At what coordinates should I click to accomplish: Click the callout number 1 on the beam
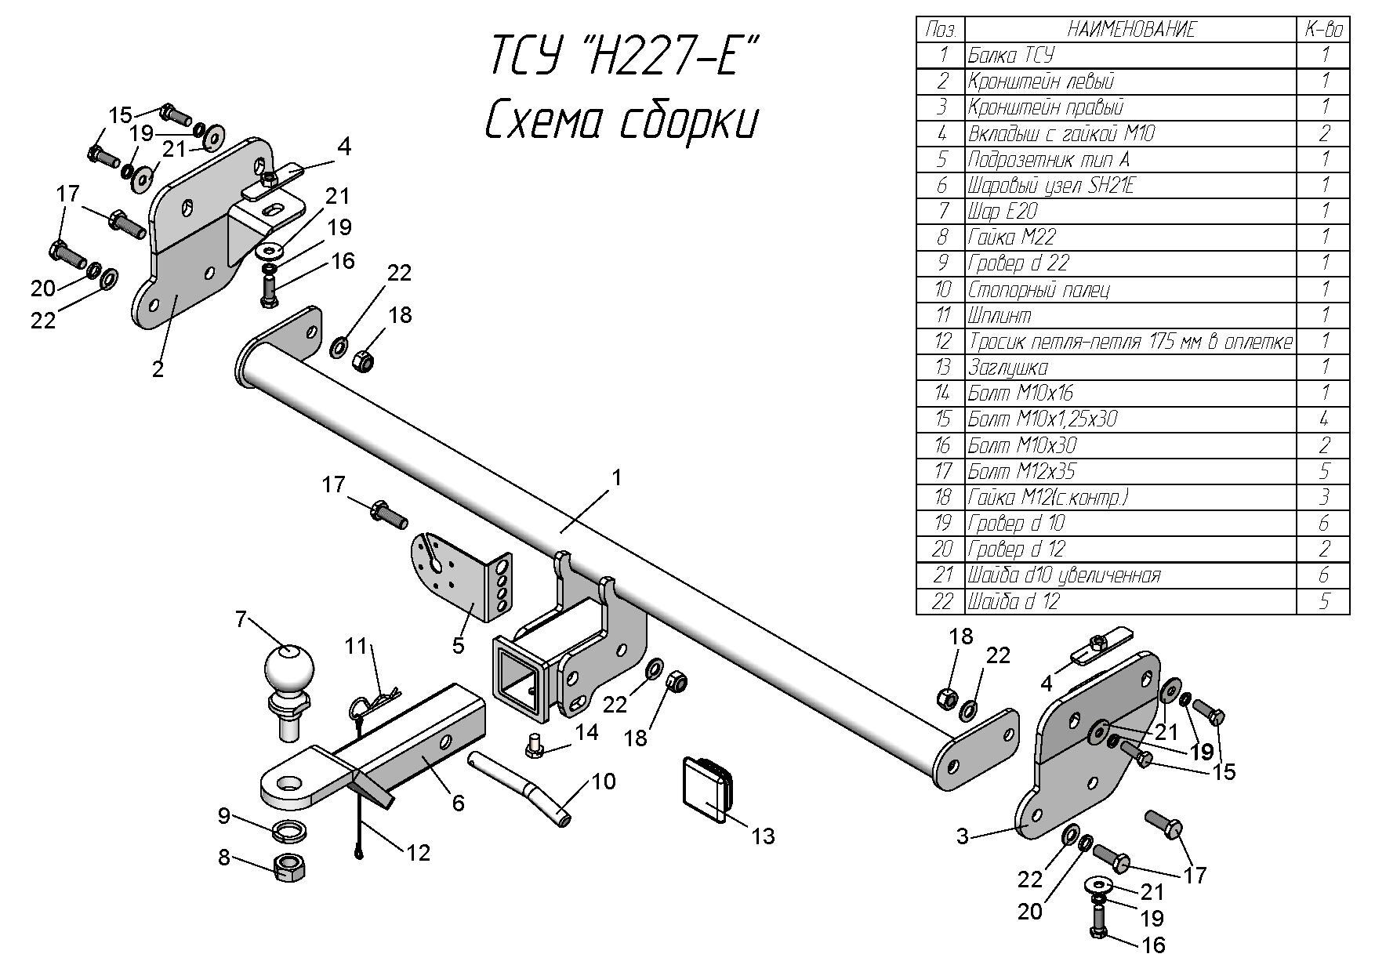(617, 477)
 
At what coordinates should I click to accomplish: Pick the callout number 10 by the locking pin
(604, 782)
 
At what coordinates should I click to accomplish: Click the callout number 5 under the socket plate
(458, 645)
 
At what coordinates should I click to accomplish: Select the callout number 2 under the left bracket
(158, 369)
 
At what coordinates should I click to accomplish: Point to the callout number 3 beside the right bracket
(963, 836)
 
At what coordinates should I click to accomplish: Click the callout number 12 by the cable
(419, 852)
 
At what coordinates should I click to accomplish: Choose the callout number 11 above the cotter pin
(357, 646)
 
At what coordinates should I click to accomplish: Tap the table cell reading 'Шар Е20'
(1003, 211)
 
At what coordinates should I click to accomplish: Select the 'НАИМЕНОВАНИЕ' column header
(1130, 30)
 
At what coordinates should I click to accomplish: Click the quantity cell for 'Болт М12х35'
(1323, 471)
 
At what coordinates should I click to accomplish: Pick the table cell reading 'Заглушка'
(1008, 367)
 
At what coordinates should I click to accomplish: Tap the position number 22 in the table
(941, 601)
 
